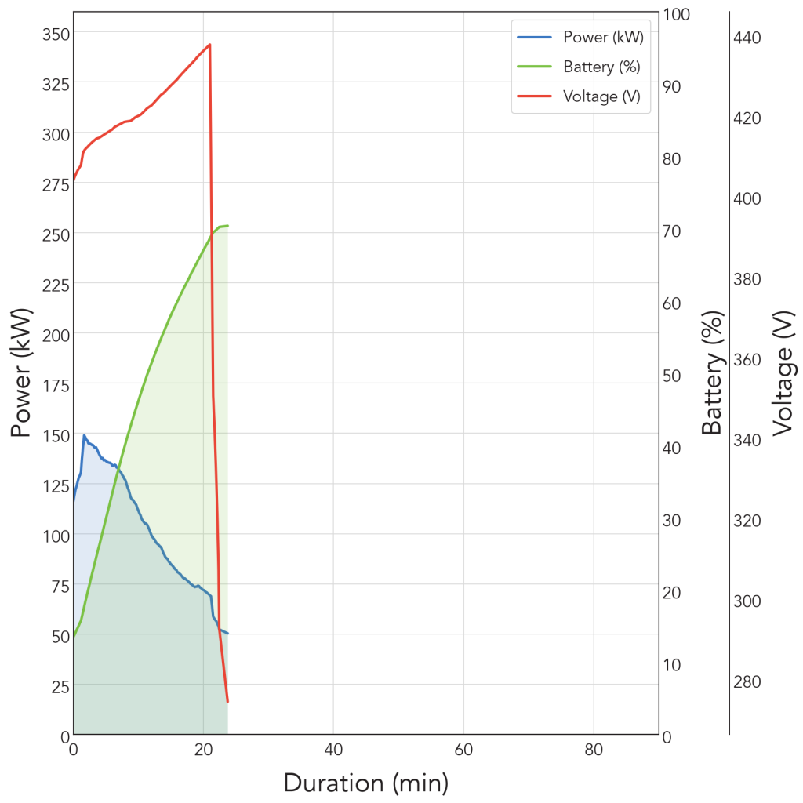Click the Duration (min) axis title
click(x=366, y=783)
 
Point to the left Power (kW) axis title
click(x=21, y=372)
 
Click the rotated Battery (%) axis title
click(x=712, y=372)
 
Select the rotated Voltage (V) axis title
click(x=783, y=372)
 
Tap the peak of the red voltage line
click(x=210, y=45)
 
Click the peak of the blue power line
click(x=84, y=435)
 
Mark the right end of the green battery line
click(x=227, y=225)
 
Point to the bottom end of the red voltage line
click(x=227, y=702)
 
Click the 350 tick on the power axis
click(x=56, y=35)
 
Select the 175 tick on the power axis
click(x=56, y=386)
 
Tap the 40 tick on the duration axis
click(x=333, y=750)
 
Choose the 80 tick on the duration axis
click(x=594, y=750)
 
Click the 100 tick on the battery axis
click(x=677, y=14)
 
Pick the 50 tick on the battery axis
click(x=672, y=376)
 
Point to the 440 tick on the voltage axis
click(x=747, y=38)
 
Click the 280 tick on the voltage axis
click(x=747, y=681)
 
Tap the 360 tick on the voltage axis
click(x=747, y=359)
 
